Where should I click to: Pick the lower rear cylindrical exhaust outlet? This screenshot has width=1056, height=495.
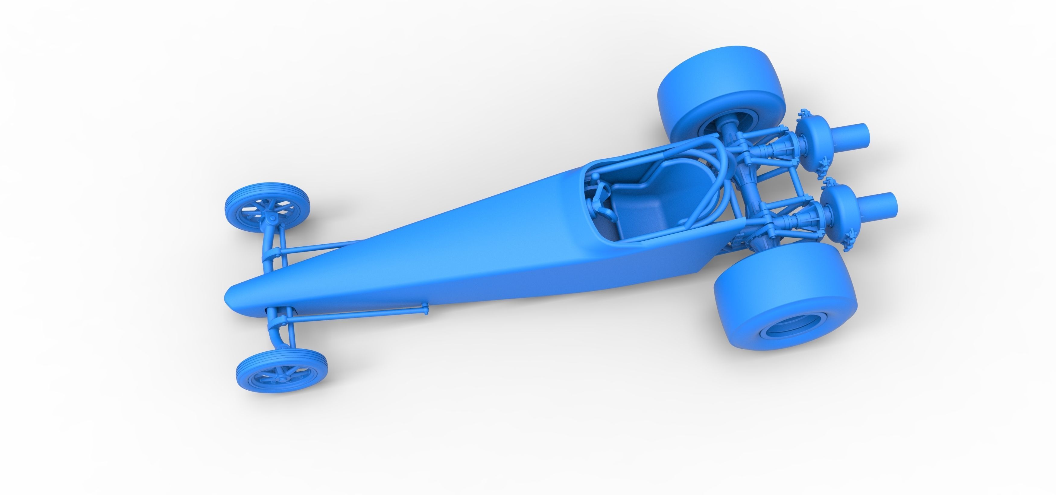coord(886,203)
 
